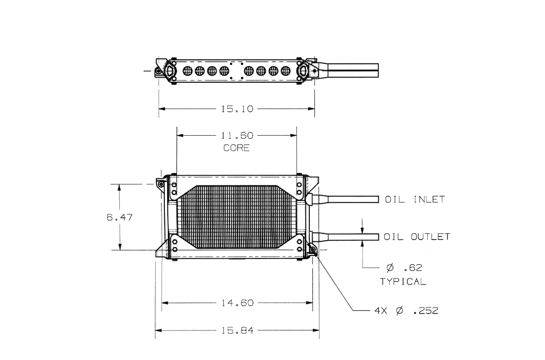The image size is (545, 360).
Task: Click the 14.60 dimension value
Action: pos(237,303)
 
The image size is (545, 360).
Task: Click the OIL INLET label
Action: pos(414,200)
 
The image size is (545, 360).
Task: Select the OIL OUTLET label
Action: pos(417,237)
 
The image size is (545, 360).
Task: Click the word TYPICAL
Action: pos(403,281)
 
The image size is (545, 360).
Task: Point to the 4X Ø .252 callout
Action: pos(406,311)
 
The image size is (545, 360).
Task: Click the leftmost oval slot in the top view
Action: pos(187,71)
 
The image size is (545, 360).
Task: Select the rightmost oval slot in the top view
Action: pos(285,71)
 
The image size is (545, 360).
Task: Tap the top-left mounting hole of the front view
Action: pos(161,184)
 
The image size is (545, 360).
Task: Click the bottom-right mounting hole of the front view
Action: pos(312,249)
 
